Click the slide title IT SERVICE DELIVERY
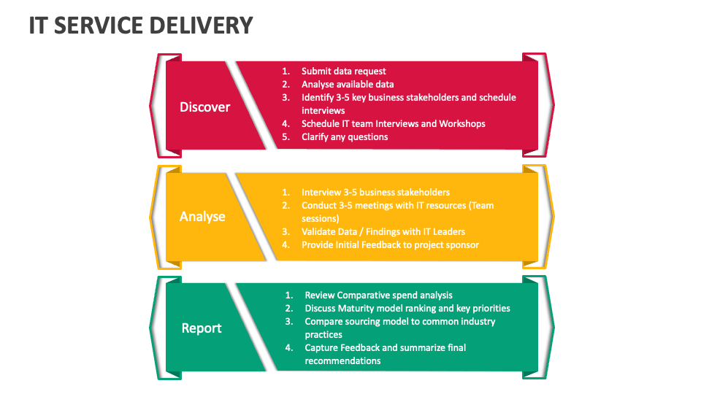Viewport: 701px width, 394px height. click(x=141, y=26)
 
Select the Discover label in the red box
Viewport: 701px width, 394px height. click(x=204, y=107)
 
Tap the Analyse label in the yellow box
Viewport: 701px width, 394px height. click(x=202, y=217)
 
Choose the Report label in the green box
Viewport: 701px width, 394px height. click(x=202, y=328)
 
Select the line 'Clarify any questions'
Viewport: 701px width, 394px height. click(x=345, y=137)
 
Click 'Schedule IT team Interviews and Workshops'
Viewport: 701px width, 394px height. click(x=393, y=124)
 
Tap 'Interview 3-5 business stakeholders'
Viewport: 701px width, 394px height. click(x=375, y=193)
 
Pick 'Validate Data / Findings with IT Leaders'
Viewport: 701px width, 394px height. click(x=383, y=232)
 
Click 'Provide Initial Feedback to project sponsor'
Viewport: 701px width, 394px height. click(x=390, y=245)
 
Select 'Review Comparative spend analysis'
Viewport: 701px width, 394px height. click(x=378, y=295)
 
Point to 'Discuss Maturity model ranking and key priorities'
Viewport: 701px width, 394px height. click(x=407, y=309)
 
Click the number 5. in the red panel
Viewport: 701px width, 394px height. click(x=286, y=137)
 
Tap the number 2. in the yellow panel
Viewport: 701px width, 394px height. click(x=286, y=206)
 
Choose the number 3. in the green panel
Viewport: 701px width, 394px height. click(x=289, y=322)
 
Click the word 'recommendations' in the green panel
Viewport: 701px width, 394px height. click(x=342, y=361)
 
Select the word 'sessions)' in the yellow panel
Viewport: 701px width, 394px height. click(x=321, y=219)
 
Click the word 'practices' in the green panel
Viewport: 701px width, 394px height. click(x=323, y=335)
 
